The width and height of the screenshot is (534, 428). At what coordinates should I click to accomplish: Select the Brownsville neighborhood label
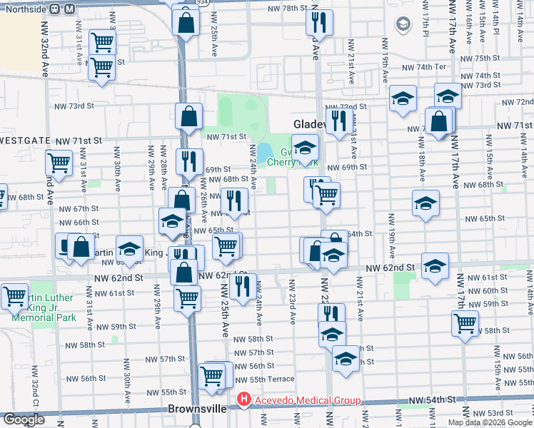197,409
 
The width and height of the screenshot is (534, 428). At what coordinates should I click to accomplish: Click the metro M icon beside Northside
69,9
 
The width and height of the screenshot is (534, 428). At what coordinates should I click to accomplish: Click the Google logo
24,419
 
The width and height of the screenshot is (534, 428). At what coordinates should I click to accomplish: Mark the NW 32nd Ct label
34,384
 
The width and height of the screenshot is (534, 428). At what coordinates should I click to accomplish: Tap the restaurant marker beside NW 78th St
319,23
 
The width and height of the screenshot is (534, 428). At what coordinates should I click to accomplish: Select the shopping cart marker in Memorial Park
15,296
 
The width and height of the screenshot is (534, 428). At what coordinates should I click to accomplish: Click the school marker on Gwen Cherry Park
305,149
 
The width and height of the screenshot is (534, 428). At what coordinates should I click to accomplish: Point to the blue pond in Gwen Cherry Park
263,152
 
